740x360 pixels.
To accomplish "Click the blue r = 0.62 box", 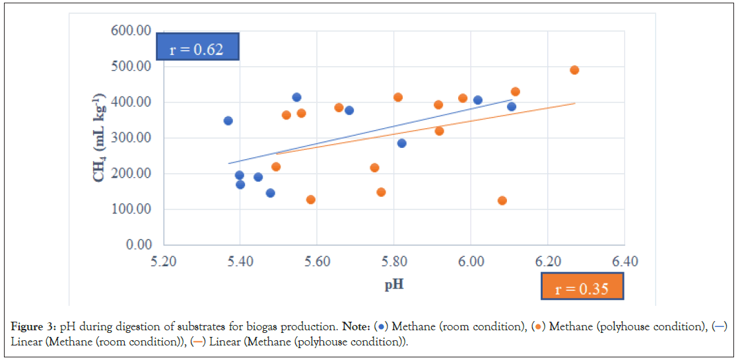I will tap(197, 49).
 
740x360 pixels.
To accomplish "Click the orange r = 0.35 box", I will tap(582, 289).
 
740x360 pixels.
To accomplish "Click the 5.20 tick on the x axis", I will tap(163, 262).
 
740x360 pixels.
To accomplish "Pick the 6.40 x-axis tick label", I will tap(624, 262).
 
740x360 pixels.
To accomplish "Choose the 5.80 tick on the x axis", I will tap(393, 262).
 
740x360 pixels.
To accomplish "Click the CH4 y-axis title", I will tap(101, 137).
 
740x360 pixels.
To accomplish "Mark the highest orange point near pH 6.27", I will tap(574, 70).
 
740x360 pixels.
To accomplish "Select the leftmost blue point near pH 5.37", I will tap(228, 121).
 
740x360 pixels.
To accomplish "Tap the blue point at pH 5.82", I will tap(401, 143).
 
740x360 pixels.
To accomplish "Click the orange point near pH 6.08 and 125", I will tap(502, 201).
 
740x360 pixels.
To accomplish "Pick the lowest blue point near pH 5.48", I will tap(270, 193).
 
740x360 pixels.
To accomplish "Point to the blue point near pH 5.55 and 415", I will tap(296, 98).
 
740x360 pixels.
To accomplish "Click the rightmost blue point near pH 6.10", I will tap(512, 107).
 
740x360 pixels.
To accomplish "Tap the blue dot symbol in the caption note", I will tap(381, 326).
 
